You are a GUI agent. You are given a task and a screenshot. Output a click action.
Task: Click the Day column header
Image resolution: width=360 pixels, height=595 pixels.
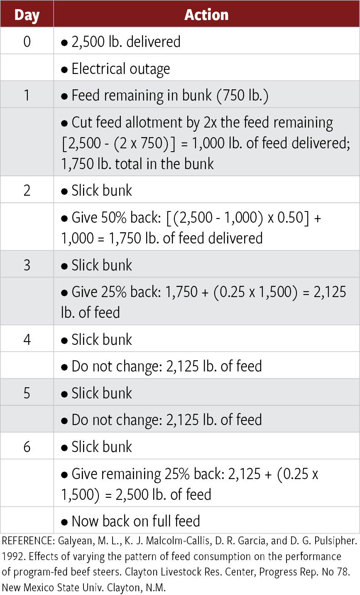point(27,15)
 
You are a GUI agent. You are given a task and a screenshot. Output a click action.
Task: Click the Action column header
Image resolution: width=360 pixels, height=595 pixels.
point(206,15)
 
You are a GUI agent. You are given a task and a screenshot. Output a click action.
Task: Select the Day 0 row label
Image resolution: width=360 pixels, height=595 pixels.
point(27,42)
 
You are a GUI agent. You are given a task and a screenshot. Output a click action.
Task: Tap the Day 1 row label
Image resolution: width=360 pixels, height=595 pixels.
point(27,95)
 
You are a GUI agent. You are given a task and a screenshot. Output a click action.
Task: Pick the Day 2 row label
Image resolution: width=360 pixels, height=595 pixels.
point(27,190)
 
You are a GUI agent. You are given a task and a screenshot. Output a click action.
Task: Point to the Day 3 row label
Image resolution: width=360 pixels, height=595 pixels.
point(27,265)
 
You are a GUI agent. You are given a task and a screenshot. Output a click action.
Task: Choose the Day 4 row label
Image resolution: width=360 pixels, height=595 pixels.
point(27,339)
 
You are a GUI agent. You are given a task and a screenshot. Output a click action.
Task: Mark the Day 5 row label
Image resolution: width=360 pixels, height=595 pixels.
point(27,393)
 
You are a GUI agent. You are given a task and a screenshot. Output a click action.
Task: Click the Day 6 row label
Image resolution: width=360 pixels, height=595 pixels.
point(27,446)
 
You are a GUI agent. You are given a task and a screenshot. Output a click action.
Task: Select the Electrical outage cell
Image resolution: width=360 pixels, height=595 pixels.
point(120,69)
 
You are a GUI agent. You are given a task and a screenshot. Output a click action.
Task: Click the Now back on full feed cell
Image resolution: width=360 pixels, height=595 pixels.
point(135,521)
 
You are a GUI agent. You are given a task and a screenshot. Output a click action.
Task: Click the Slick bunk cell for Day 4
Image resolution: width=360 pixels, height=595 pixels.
point(101,339)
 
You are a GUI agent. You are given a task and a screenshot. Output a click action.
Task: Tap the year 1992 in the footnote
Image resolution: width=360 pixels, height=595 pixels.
point(10,556)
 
